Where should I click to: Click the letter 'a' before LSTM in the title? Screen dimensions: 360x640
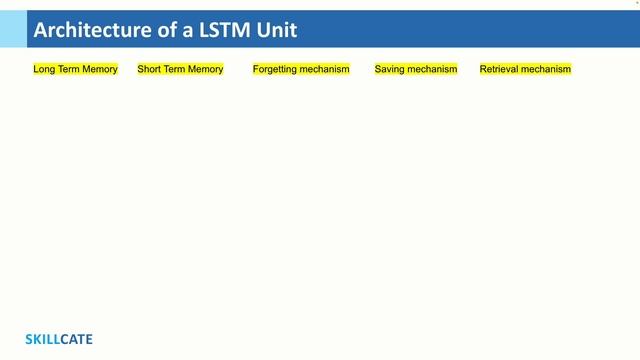tap(184, 31)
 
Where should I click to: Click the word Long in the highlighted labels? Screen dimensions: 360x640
tap(44, 69)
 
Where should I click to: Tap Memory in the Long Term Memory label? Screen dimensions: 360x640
tap(100, 69)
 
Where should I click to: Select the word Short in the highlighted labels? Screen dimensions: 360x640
tap(149, 69)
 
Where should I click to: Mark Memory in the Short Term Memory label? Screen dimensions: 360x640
tap(206, 69)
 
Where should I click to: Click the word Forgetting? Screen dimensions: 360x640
tap(276, 69)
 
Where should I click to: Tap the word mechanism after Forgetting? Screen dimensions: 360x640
tap(326, 69)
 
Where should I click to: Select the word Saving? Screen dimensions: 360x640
tap(390, 69)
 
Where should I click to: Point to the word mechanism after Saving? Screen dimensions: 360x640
tap(433, 69)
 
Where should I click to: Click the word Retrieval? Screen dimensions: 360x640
tap(500, 69)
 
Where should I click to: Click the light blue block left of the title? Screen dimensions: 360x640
tap(13, 29)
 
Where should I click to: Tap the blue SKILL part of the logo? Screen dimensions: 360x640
tap(42, 339)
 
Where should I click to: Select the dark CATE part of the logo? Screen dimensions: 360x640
tap(76, 339)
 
